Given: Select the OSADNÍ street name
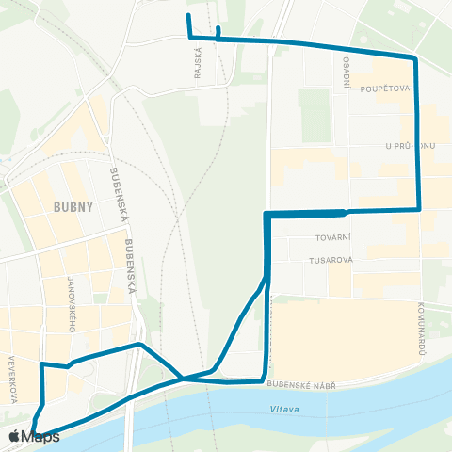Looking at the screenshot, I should (347, 69).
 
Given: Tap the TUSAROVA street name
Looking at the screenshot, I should (329, 259).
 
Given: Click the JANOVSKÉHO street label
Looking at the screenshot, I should (72, 304).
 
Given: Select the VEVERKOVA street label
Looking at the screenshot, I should (14, 378).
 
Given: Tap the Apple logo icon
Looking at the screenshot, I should (14, 436).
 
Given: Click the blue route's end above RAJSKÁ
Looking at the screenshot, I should (188, 16).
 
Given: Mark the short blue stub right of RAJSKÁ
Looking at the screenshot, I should (218, 31).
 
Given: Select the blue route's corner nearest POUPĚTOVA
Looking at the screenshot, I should (414, 58).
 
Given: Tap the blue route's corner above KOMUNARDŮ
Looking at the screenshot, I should (418, 208).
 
